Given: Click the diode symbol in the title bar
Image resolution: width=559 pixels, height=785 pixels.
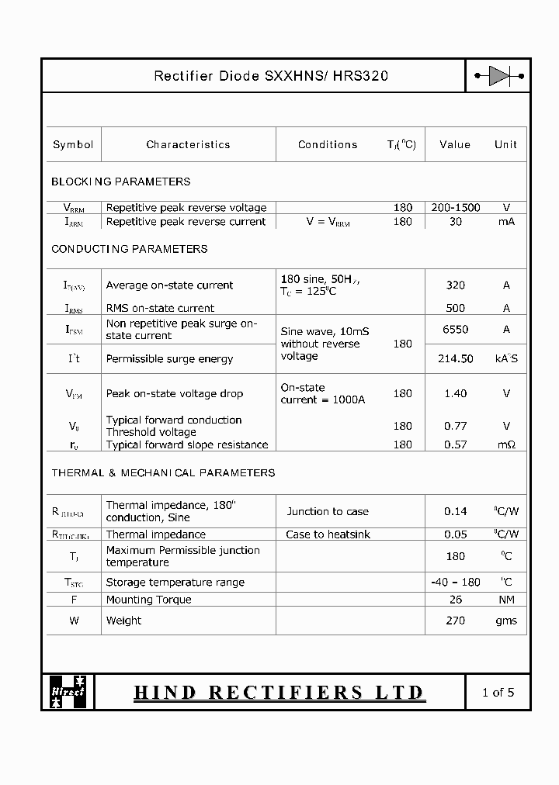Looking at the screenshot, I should [x=499, y=76].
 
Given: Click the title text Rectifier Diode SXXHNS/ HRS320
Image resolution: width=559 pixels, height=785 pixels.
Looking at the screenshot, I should [x=271, y=76].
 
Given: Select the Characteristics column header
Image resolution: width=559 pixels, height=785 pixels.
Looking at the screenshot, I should [x=188, y=144].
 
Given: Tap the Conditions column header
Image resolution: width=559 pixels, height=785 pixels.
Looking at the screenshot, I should [x=328, y=144].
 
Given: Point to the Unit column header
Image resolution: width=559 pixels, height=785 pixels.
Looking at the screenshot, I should [x=505, y=144].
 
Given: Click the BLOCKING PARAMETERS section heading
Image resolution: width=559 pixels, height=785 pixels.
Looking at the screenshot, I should [x=120, y=182].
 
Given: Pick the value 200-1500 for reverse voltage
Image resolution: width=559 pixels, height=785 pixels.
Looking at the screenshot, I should [x=456, y=207].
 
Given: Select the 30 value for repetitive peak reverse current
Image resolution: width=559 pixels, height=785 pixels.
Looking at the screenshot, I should [x=456, y=221].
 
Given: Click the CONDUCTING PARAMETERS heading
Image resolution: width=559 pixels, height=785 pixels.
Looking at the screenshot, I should [x=129, y=249].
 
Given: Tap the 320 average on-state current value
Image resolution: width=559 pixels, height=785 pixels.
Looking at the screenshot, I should [x=456, y=285].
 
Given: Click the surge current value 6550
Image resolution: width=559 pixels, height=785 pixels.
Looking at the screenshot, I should [x=456, y=329].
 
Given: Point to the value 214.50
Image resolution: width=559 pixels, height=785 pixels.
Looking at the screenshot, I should [x=456, y=358].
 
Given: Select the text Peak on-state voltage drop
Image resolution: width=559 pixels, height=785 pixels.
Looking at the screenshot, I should [x=174, y=393].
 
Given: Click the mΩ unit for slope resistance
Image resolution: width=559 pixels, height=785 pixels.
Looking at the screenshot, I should [x=507, y=444].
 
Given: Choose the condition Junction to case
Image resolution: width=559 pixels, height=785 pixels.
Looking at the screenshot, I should [x=328, y=511].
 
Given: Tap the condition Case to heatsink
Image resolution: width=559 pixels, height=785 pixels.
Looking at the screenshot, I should [x=328, y=534].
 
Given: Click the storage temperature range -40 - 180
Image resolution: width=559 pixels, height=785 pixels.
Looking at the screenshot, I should [x=456, y=582].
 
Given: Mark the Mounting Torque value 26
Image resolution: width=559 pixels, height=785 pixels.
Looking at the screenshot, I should [x=456, y=600].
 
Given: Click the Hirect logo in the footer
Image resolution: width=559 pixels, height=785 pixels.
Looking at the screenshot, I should [x=68, y=690].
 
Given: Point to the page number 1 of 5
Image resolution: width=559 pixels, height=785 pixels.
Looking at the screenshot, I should [x=498, y=692].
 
